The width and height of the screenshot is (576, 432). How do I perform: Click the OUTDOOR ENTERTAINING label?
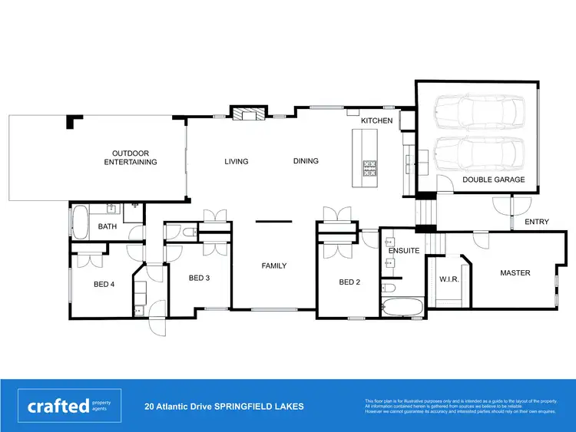click(x=130, y=157)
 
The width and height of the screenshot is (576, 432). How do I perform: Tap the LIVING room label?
click(x=237, y=161)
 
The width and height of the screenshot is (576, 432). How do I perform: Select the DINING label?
click(x=306, y=161)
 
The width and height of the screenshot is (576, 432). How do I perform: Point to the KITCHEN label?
click(x=376, y=121)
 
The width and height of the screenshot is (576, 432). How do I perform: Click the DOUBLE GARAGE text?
click(x=494, y=180)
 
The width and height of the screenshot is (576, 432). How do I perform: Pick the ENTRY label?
click(x=537, y=222)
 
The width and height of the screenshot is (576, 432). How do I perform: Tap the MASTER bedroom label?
click(x=515, y=272)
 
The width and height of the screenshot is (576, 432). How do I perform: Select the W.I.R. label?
click(x=449, y=279)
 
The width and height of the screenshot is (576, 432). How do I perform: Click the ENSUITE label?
click(x=403, y=250)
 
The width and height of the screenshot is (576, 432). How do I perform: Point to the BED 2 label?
click(x=349, y=282)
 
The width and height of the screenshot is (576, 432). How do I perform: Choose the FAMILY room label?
click(x=274, y=265)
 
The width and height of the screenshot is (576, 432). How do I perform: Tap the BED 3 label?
click(x=199, y=278)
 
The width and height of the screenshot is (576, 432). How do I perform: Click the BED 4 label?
click(x=104, y=284)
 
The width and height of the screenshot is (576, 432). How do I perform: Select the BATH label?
click(x=107, y=226)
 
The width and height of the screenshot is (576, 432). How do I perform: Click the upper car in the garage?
click(x=477, y=115)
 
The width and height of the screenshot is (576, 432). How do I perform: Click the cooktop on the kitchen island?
click(x=369, y=168)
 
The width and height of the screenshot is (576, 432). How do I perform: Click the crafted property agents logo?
click(x=68, y=406)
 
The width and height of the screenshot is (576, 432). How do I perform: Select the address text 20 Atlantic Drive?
click(x=223, y=407)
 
